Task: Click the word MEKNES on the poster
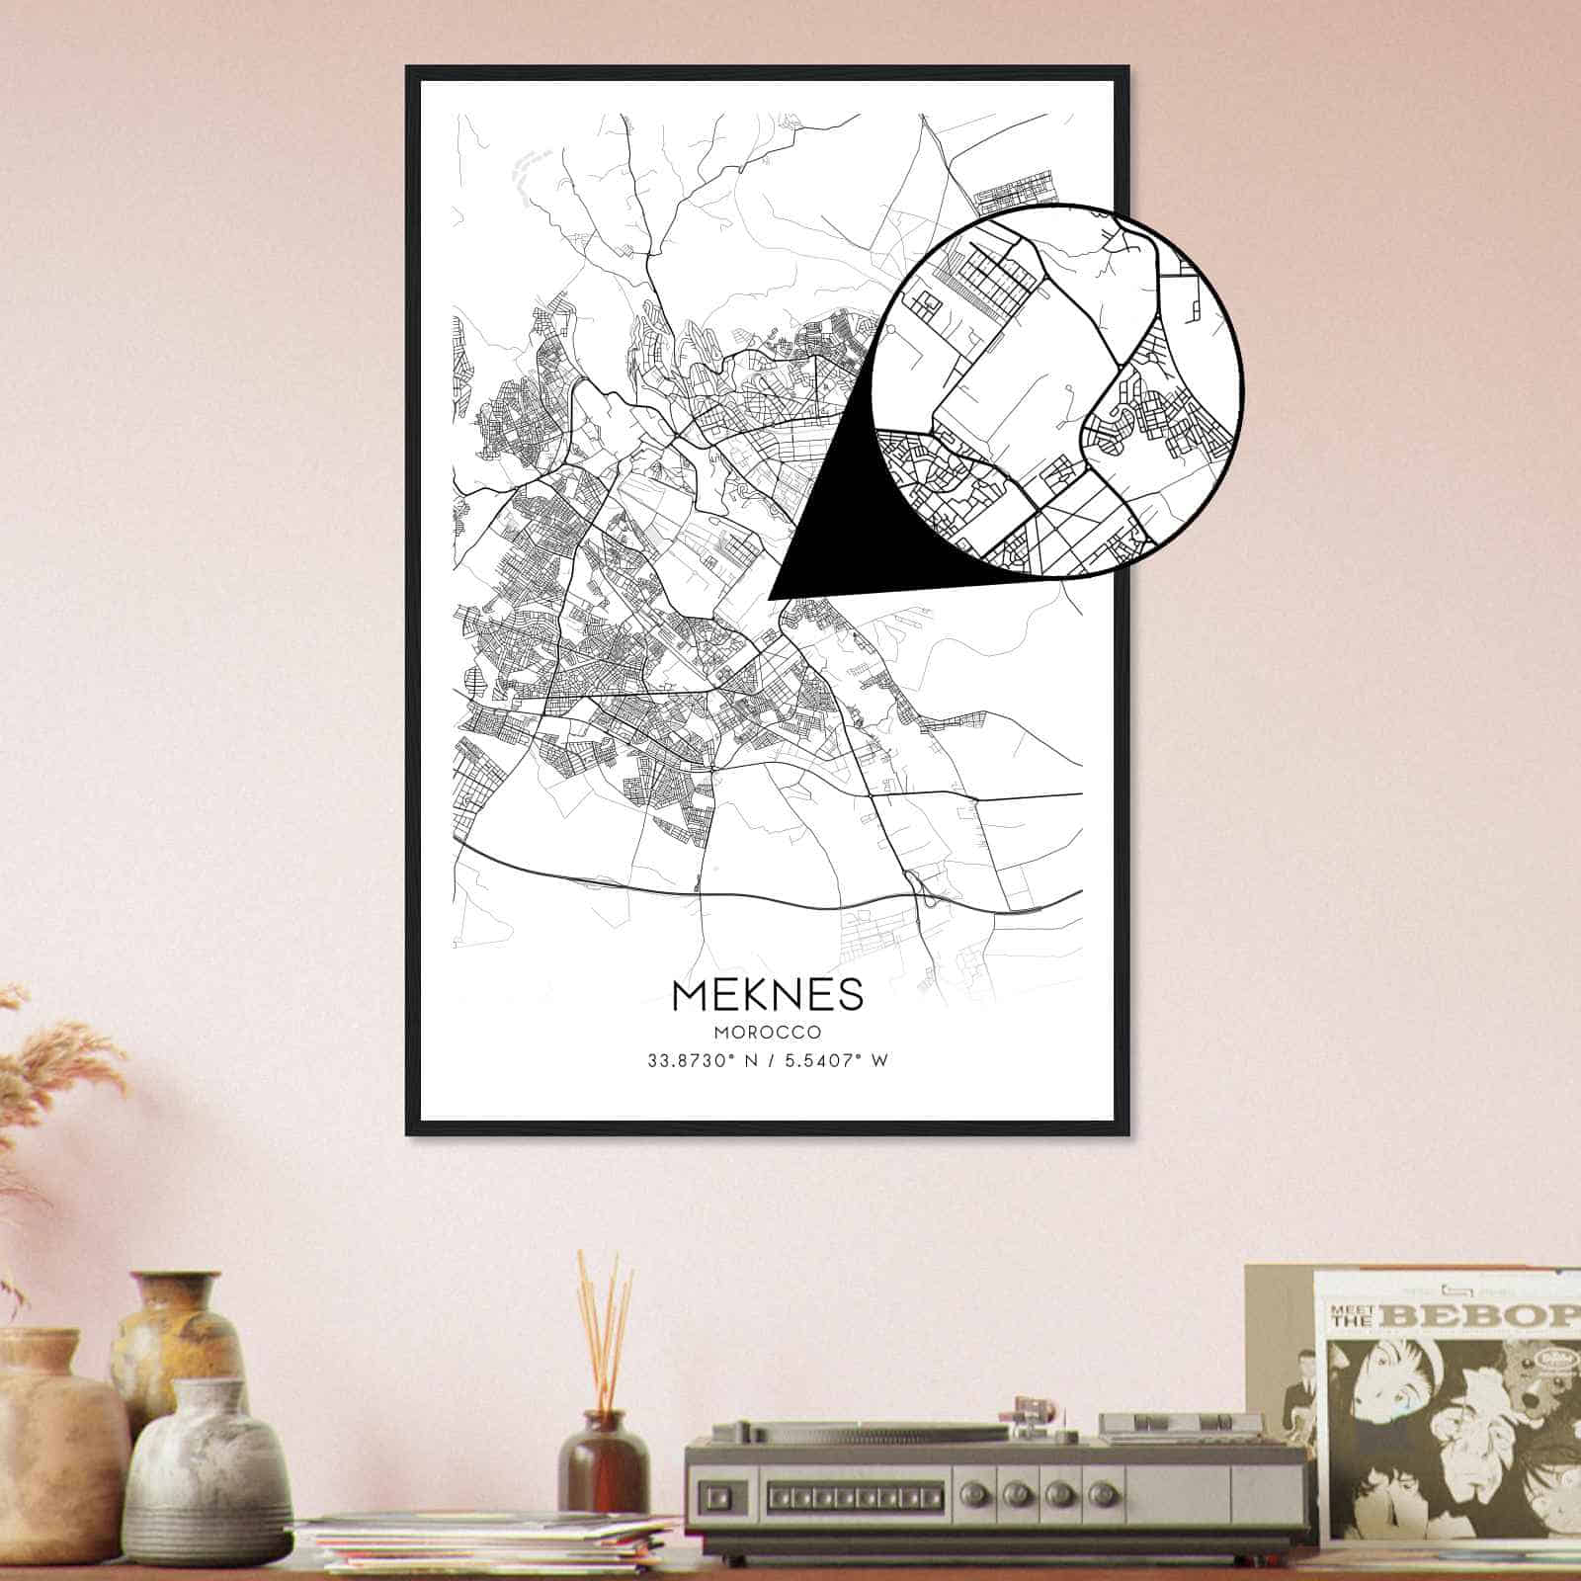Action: click(768, 994)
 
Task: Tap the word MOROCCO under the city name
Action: click(768, 1033)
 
